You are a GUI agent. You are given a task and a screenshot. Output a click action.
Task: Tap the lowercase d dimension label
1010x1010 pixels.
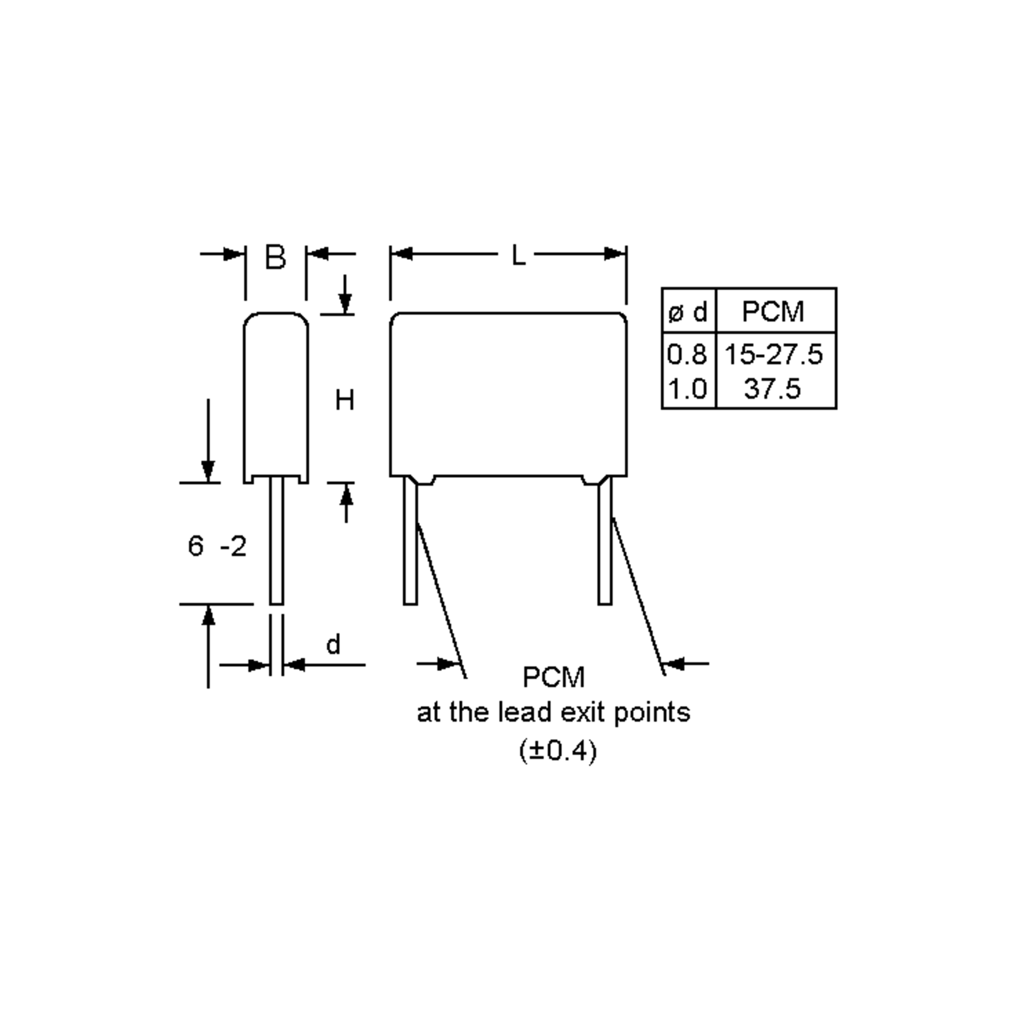point(333,645)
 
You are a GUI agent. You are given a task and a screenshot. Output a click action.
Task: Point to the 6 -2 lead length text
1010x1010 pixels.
point(216,547)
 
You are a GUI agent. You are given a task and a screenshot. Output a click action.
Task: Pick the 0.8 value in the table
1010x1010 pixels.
point(687,354)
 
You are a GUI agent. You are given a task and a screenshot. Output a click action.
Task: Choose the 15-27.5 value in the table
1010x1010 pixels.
point(773,354)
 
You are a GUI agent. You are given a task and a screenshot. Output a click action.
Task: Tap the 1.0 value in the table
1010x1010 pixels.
point(687,389)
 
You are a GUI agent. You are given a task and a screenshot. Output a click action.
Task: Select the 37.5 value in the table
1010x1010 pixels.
point(772,389)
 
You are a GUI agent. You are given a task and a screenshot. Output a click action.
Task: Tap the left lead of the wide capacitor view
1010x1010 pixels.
point(410,544)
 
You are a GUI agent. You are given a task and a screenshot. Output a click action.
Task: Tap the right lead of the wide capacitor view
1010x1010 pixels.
point(605,544)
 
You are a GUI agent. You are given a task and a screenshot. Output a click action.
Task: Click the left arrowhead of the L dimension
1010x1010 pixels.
point(401,254)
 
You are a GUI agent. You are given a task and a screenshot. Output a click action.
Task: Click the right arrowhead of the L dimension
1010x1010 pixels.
point(615,254)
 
